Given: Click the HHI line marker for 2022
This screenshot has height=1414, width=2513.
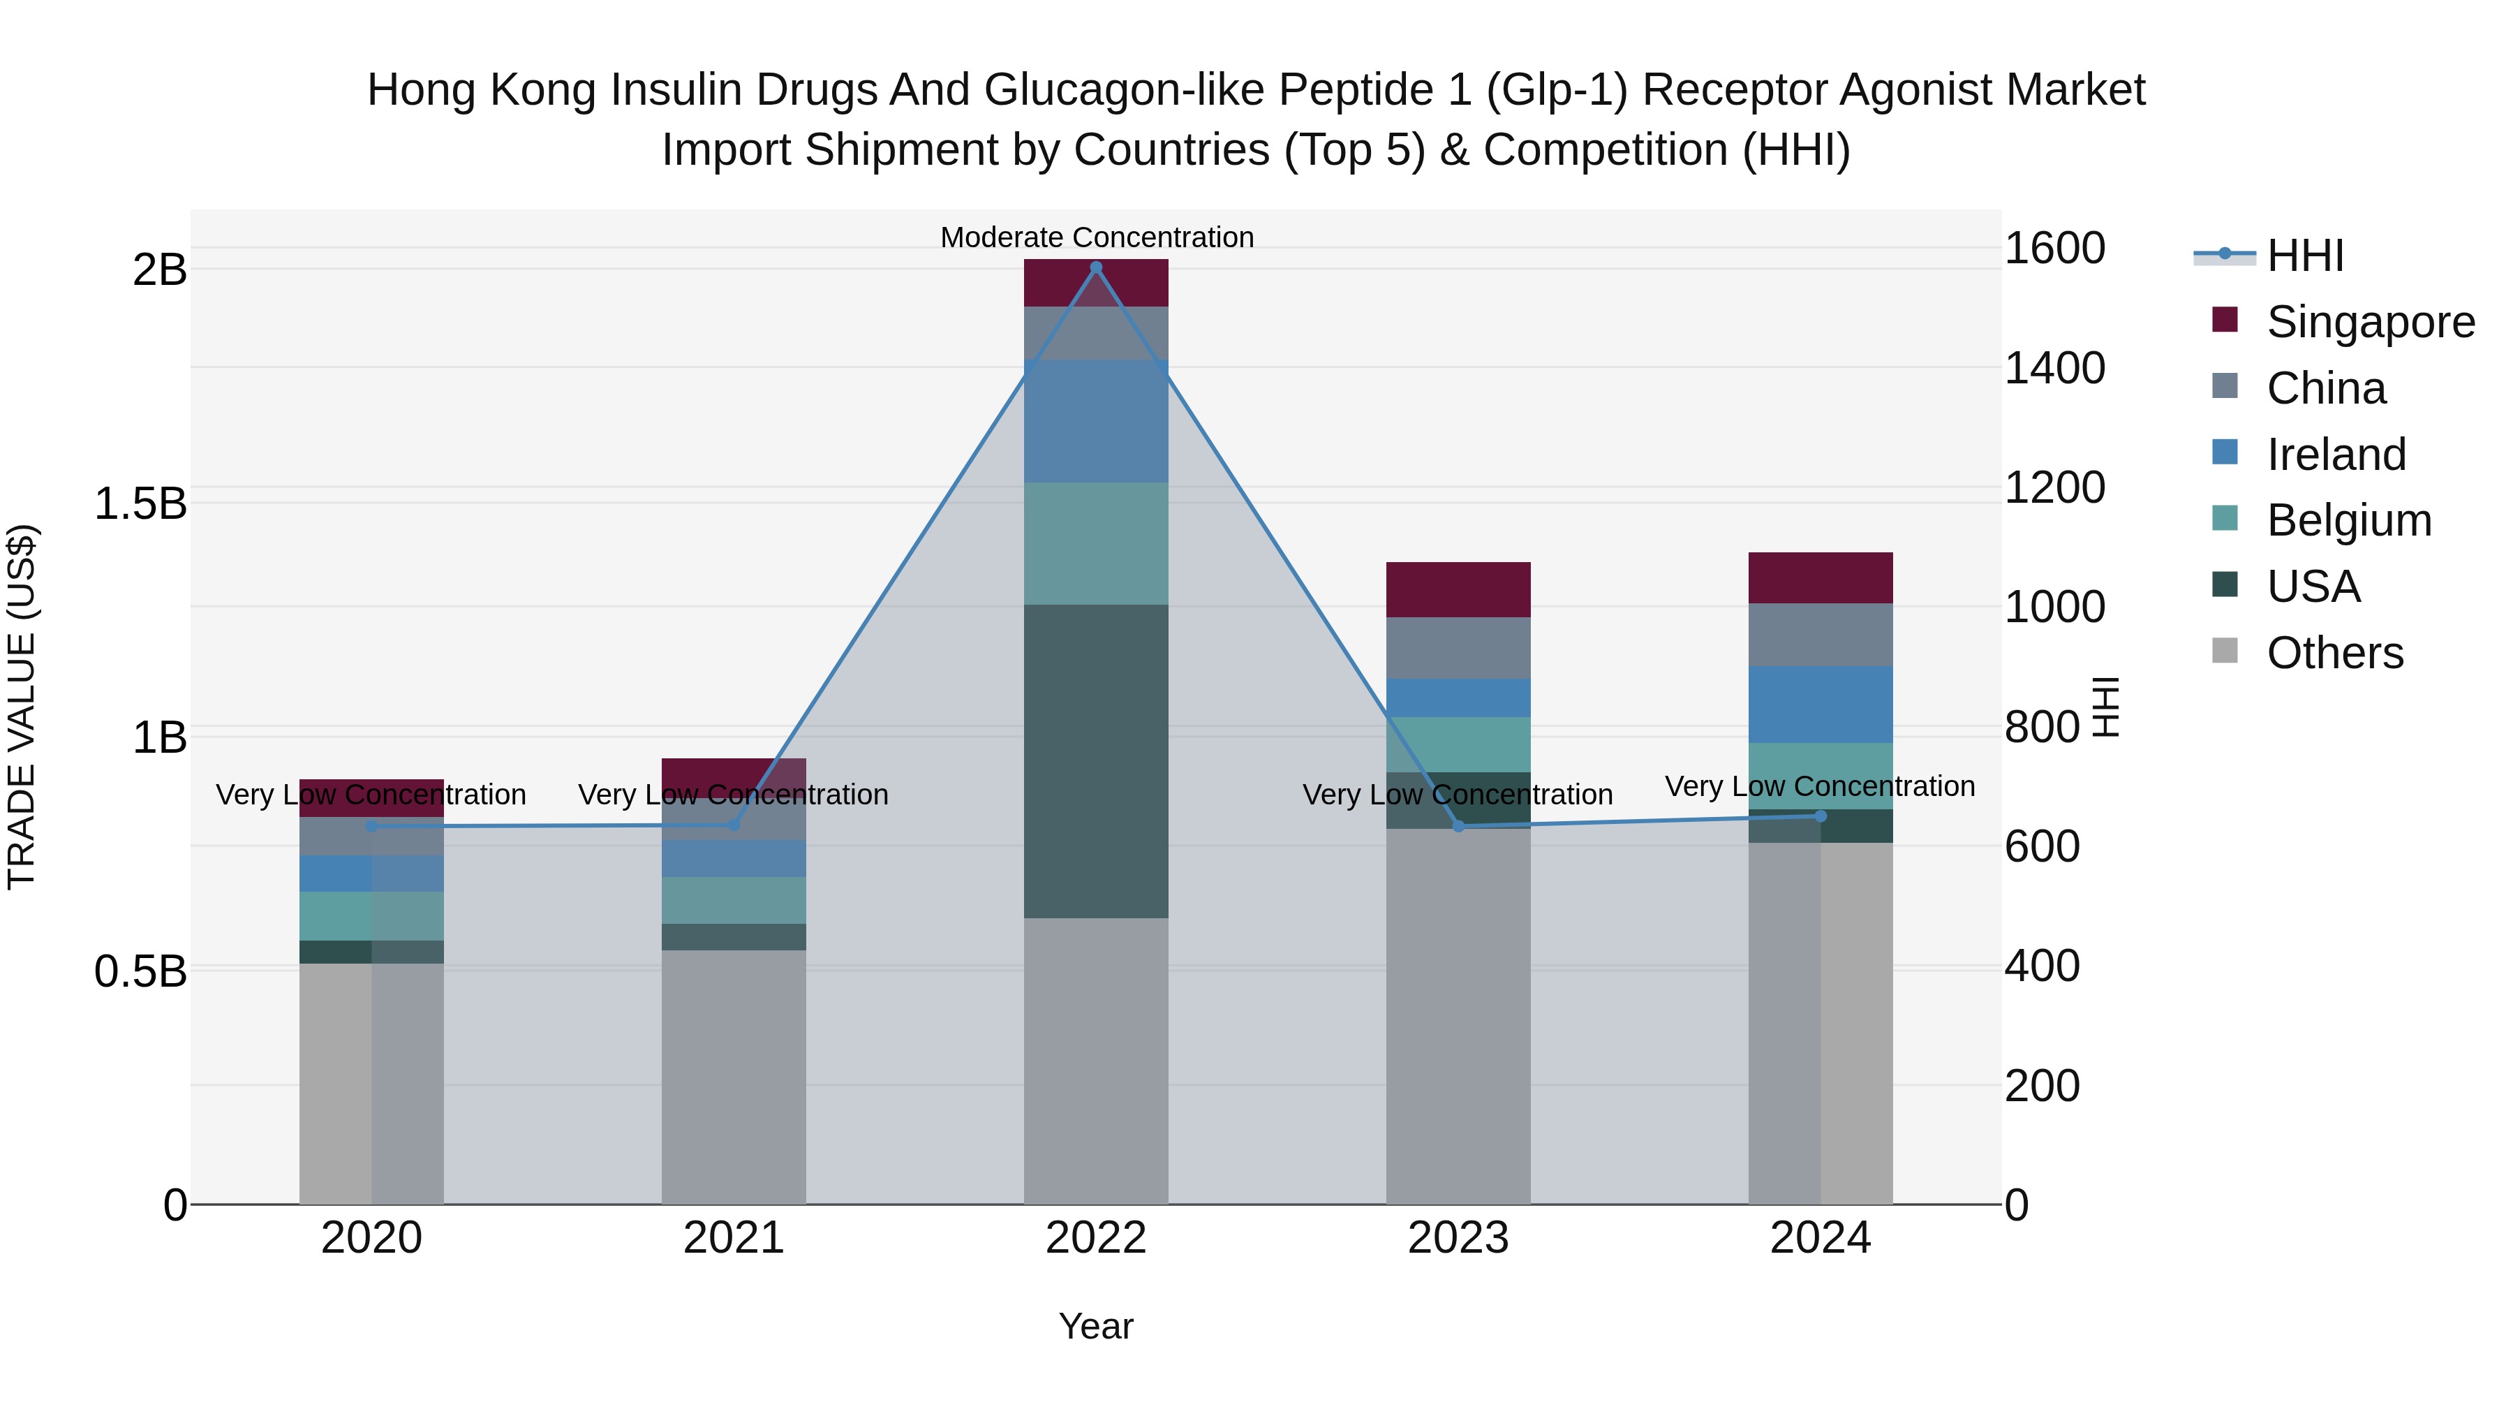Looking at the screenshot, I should click(1095, 267).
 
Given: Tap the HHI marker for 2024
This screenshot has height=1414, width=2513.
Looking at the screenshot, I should click(1821, 816).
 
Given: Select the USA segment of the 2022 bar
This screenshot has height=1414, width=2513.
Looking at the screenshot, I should click(1095, 761).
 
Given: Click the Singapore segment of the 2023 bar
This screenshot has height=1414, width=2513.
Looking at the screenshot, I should click(1458, 589).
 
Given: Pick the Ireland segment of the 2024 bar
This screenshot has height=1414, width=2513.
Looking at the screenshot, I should click(1821, 705).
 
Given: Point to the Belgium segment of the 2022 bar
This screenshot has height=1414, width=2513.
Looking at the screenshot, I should click(1095, 543).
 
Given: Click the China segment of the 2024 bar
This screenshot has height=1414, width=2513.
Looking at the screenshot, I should click(1821, 634).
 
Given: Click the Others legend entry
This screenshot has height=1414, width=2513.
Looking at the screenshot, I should click(2334, 653).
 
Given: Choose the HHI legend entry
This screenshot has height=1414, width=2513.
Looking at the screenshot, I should click(2304, 256).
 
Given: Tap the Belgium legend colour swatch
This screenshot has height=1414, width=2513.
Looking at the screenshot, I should click(2225, 519).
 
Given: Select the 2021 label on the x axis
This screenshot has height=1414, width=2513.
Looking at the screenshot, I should click(734, 1238).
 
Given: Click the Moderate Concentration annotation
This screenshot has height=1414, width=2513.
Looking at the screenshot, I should click(1097, 237).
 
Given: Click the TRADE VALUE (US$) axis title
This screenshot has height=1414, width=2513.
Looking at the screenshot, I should click(22, 707).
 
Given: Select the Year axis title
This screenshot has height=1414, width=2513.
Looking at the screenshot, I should click(1095, 1326).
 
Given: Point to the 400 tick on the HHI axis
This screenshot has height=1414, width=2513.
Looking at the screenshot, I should click(2042, 966).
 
